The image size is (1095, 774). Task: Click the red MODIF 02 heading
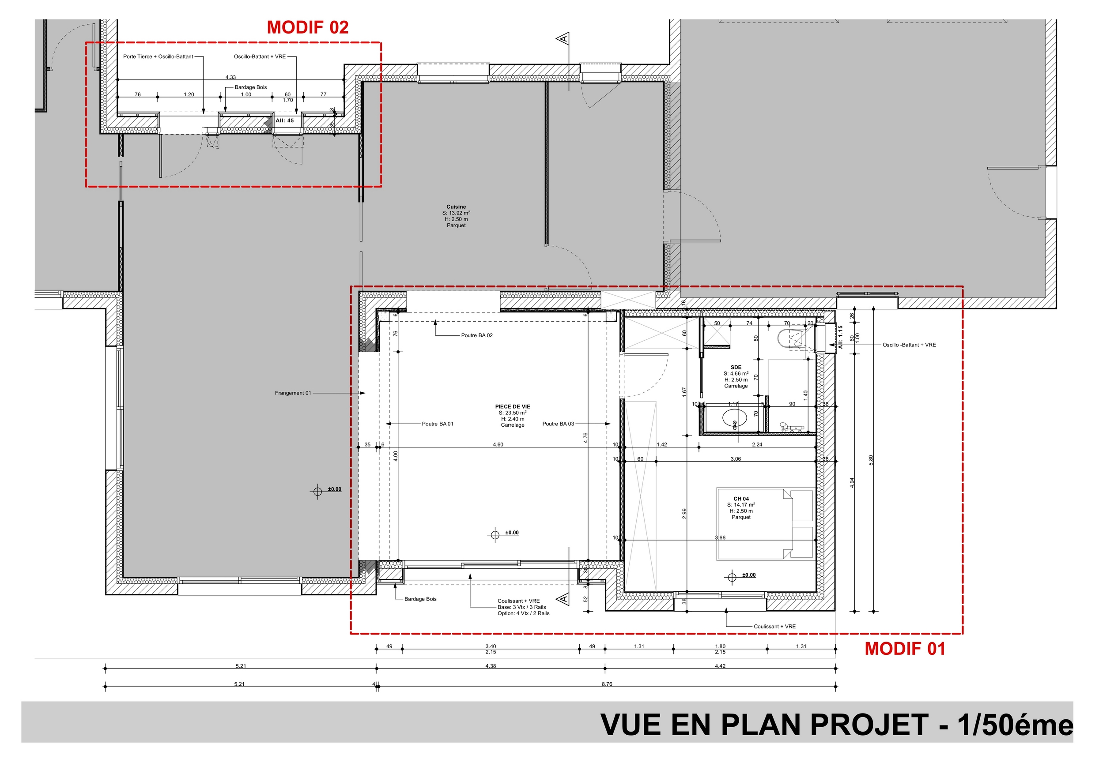[308, 28]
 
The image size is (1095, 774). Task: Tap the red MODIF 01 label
[905, 649]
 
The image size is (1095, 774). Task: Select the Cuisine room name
[456, 207]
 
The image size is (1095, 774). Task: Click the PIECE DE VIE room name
[513, 406]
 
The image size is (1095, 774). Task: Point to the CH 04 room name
[741, 499]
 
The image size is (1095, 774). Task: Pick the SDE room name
[736, 368]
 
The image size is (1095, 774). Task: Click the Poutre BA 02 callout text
[477, 335]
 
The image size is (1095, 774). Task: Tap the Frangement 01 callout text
[293, 393]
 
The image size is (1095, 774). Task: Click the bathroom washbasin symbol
[734, 419]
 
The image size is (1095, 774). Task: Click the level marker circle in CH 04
[733, 578]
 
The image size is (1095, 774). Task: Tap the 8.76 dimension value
[607, 684]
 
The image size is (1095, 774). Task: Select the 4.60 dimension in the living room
[498, 445]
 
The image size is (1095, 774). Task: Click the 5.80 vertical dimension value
[871, 460]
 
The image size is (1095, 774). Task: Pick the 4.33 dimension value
[230, 77]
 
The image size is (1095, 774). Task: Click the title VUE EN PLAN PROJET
[764, 725]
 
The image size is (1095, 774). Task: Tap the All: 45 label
[285, 120]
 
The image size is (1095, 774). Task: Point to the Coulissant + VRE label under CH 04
[774, 627]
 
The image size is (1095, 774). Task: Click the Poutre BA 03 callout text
[558, 424]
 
